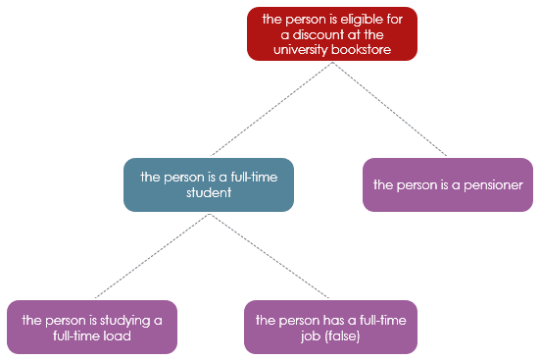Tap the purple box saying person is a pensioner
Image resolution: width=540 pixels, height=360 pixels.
coord(448,184)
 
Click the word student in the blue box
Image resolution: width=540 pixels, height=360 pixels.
coord(208,193)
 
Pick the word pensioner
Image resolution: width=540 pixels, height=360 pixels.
coord(493,184)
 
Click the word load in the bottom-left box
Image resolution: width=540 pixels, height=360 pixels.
coord(117,335)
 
